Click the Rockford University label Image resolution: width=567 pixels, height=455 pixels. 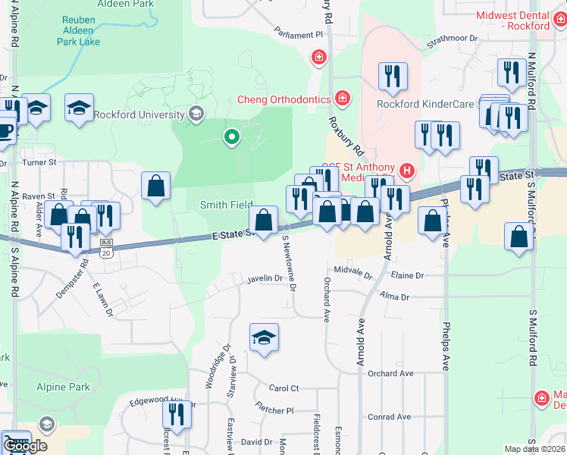(x=139, y=115)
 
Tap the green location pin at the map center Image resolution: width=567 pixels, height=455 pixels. (x=231, y=137)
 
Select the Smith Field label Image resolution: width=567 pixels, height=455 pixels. (x=226, y=205)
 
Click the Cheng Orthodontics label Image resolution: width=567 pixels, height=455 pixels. (x=284, y=99)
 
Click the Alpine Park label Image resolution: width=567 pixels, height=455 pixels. (x=63, y=387)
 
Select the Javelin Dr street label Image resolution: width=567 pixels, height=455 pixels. (x=264, y=279)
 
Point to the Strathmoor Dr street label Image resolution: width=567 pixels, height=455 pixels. (x=453, y=38)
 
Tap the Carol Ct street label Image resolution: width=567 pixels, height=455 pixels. (x=284, y=388)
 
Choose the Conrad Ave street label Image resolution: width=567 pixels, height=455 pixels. (x=389, y=416)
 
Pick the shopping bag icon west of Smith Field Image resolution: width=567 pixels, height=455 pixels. (x=155, y=186)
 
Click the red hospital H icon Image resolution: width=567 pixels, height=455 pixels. (x=408, y=171)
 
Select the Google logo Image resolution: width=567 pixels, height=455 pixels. (x=27, y=446)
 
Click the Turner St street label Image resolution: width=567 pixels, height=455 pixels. (x=40, y=162)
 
